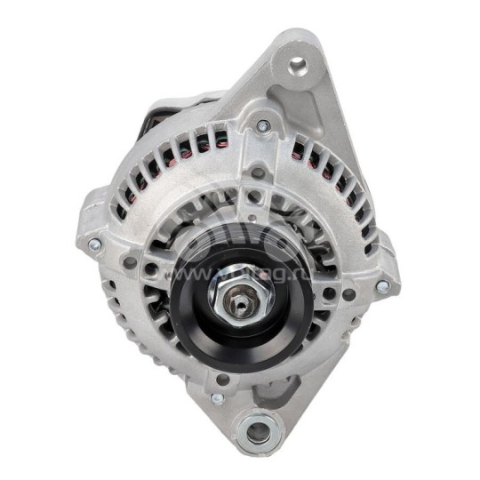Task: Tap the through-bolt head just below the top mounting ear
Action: click(x=262, y=126)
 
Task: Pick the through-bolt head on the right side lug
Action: click(x=381, y=286)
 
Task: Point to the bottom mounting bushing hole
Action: click(x=257, y=433)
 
